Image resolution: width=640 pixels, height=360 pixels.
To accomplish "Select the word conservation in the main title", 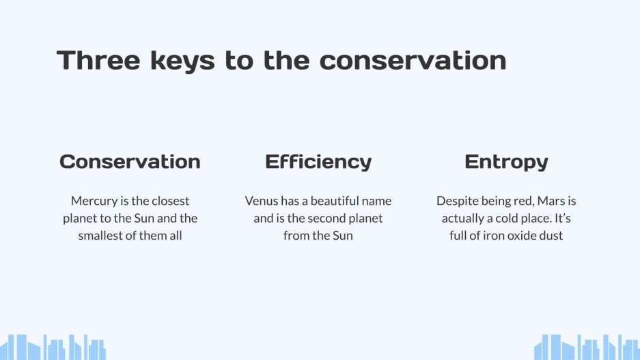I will [x=413, y=60].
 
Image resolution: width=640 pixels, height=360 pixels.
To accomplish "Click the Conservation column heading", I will [x=130, y=162].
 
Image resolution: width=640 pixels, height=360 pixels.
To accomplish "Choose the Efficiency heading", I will [x=318, y=162].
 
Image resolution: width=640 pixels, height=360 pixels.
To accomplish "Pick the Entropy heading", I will [x=506, y=162].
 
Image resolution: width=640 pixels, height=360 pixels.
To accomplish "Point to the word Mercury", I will [x=93, y=202].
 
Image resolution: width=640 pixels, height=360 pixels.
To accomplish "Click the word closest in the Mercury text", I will [x=169, y=202].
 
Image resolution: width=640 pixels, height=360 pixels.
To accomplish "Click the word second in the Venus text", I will [x=324, y=219].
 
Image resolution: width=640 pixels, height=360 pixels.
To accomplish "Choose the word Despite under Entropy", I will [x=458, y=202].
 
